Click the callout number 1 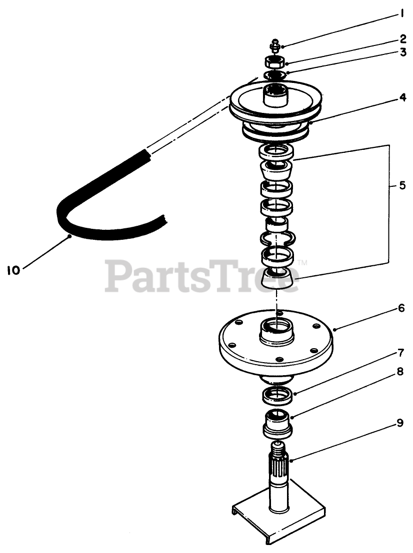(x=401, y=14)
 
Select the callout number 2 (x=402, y=38)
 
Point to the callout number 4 (x=402, y=98)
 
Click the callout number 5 (x=402, y=185)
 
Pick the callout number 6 (x=401, y=308)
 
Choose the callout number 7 (x=400, y=353)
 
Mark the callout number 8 (x=400, y=385)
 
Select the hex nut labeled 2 (x=274, y=62)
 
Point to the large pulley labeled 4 (x=276, y=107)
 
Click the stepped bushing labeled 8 (x=277, y=422)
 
